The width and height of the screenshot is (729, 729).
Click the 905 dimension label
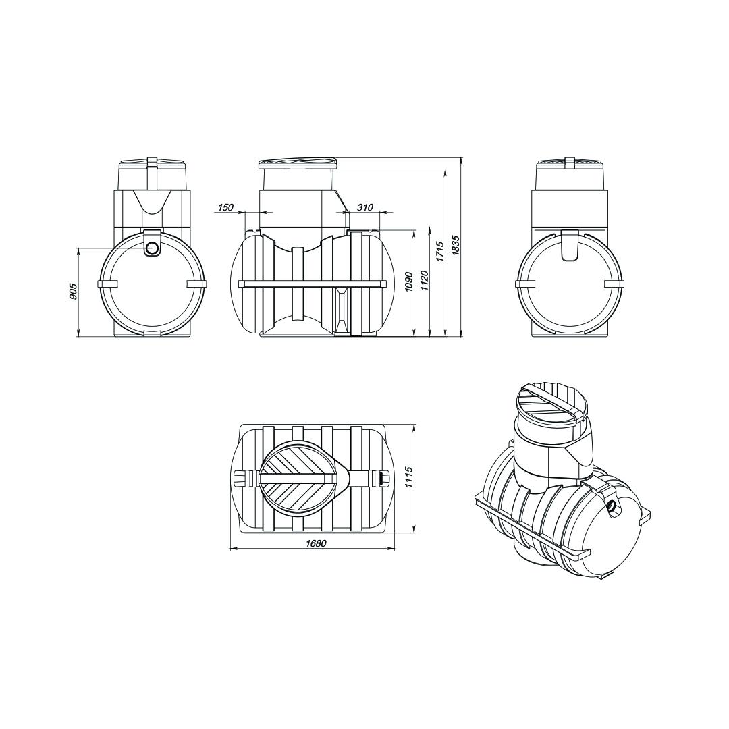click(72, 292)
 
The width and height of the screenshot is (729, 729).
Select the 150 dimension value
click(225, 207)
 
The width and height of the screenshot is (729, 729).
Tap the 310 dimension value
click(365, 207)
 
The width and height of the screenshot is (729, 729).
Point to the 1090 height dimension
click(408, 281)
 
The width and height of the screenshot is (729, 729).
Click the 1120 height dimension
click(425, 281)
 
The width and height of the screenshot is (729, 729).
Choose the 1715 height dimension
click(440, 251)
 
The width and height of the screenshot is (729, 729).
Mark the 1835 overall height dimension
click(456, 245)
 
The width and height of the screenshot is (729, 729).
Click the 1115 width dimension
click(409, 477)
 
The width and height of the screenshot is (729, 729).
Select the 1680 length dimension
click(316, 543)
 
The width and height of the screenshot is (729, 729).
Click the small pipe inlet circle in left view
click(152, 248)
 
